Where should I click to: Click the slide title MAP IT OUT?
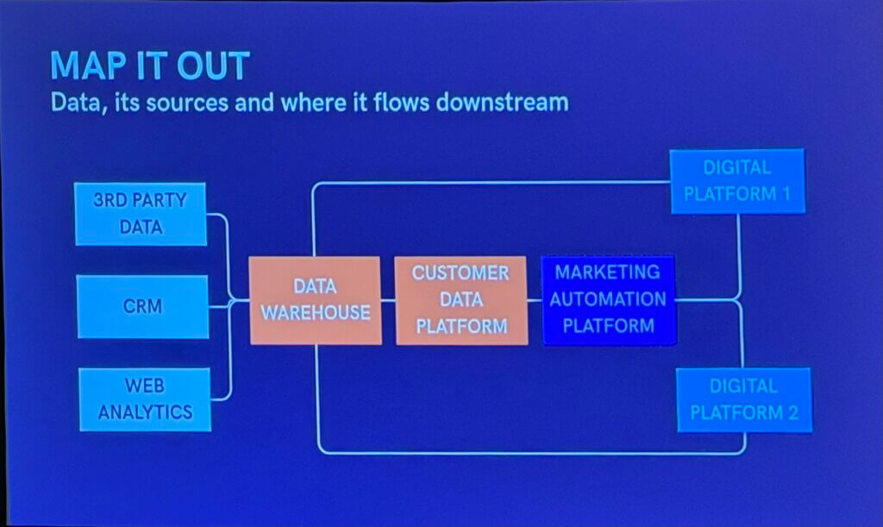click(150, 66)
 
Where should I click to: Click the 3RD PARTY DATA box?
click(141, 213)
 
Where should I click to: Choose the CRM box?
click(143, 306)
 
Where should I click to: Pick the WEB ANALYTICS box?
click(145, 398)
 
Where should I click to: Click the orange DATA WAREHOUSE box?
click(315, 300)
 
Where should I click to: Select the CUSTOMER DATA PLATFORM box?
click(461, 300)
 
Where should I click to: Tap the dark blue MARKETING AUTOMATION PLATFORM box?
click(609, 299)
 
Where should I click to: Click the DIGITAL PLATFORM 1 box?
click(737, 181)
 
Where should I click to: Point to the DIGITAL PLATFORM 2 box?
click(743, 399)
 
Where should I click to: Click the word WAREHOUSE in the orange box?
click(316, 312)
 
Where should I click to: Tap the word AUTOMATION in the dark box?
click(609, 299)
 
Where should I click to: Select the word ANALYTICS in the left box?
click(145, 411)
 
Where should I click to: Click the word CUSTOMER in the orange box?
click(460, 273)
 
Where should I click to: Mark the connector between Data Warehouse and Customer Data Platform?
click(388, 300)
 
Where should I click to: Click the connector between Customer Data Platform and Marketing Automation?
click(535, 300)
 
